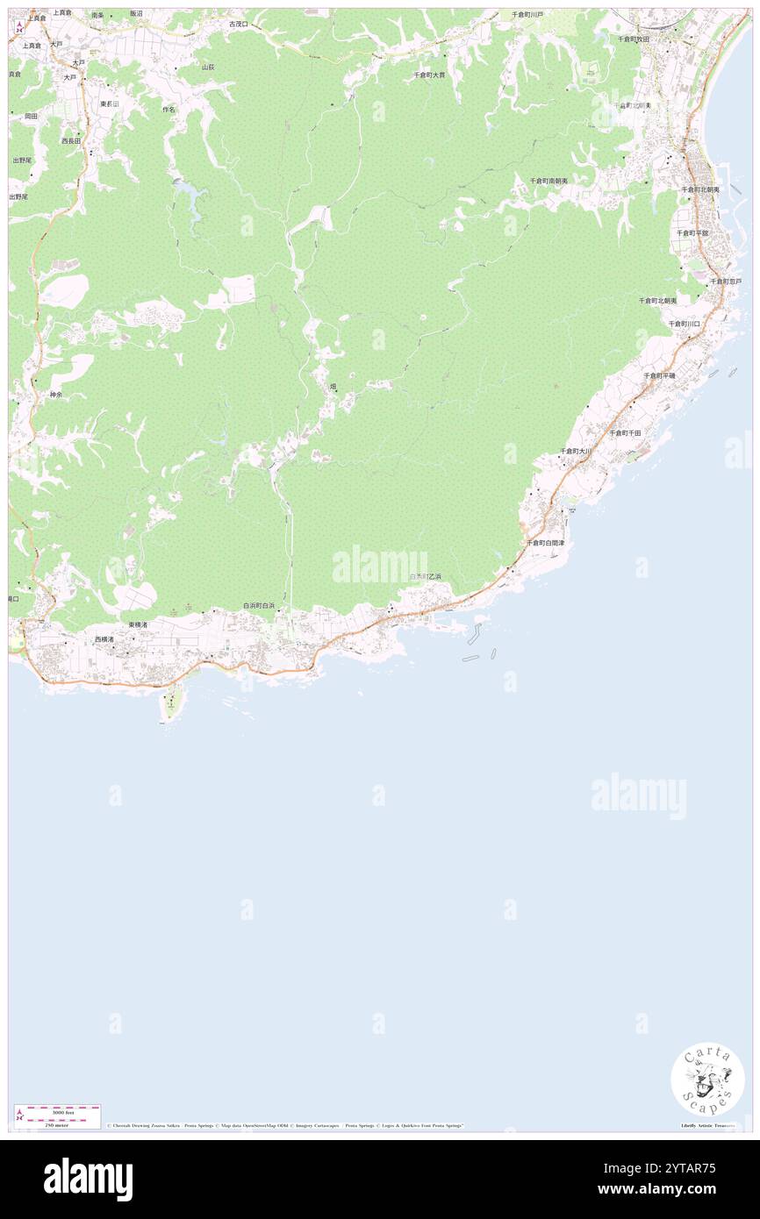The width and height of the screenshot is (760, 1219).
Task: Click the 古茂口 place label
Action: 238,25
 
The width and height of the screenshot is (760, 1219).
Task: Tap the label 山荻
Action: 208,67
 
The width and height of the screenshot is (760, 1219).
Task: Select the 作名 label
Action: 169,110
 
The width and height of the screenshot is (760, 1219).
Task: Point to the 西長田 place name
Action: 71,140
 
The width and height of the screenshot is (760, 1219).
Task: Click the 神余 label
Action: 56,395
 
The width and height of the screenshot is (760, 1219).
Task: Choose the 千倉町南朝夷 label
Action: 548,181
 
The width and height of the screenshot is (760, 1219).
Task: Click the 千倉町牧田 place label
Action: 633,39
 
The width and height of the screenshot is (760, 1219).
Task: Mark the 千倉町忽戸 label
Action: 726,282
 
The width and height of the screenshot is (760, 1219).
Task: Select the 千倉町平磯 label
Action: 659,375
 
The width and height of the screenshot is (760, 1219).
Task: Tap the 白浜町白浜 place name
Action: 259,606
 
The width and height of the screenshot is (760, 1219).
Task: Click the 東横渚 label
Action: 138,624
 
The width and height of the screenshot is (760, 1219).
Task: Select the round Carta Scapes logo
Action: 707,1080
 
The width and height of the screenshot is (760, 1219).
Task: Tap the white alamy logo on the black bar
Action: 88,1179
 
